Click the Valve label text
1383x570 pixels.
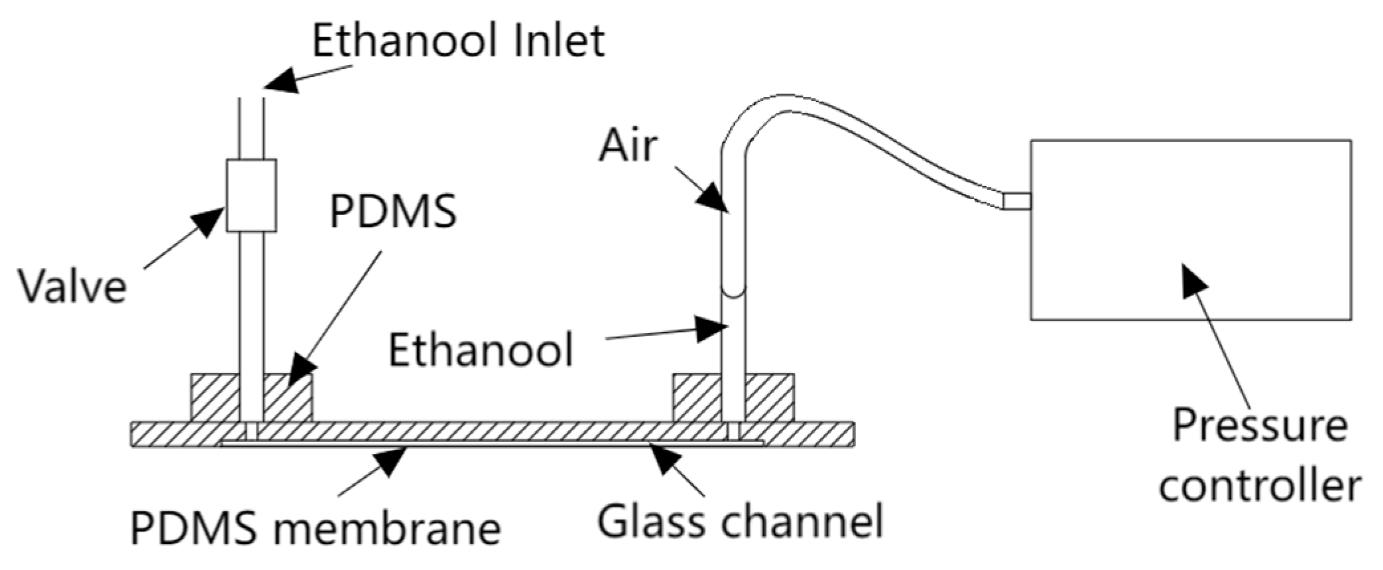(72, 286)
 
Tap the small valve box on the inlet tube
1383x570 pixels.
(251, 196)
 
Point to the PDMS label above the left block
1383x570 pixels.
(392, 211)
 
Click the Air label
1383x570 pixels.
(628, 146)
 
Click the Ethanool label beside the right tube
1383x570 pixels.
(481, 350)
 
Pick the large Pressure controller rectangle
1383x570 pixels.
(1190, 229)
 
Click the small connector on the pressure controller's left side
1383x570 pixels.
(1016, 200)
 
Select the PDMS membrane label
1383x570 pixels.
(315, 529)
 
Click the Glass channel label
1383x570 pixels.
(741, 521)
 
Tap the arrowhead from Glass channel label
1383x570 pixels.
(666, 459)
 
